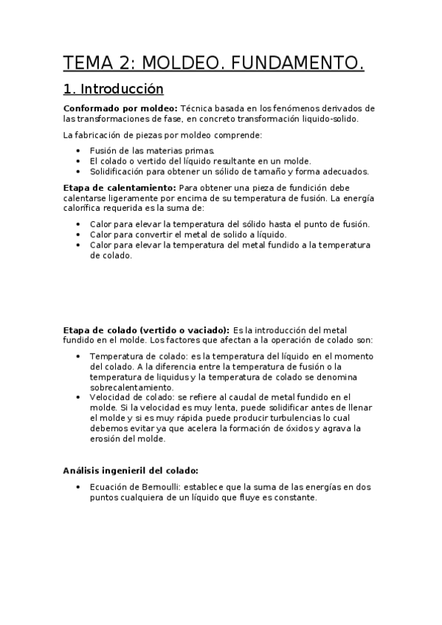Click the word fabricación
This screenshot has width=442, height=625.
coord(103,135)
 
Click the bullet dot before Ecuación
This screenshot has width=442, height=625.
coord(78,487)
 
